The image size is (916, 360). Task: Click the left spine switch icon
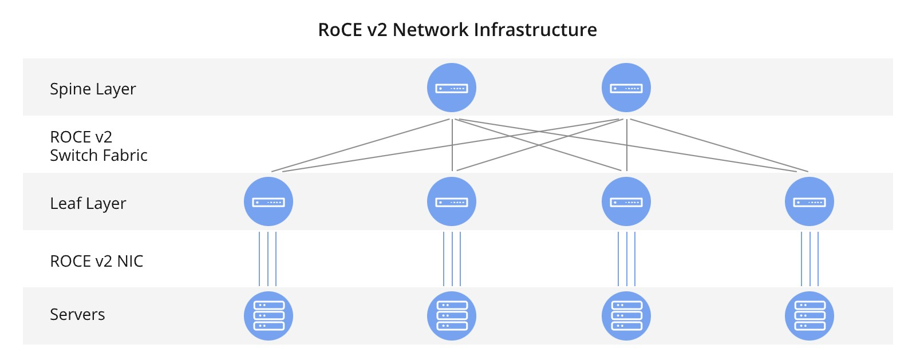pyautogui.click(x=452, y=88)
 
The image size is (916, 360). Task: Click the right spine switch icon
pyautogui.click(x=626, y=88)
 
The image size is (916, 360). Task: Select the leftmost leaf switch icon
pyautogui.click(x=269, y=201)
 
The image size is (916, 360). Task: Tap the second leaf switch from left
pyautogui.click(x=452, y=201)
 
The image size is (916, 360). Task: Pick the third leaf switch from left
pyautogui.click(x=626, y=201)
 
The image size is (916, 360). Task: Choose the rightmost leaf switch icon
pyautogui.click(x=810, y=201)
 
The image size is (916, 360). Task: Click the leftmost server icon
pyautogui.click(x=269, y=316)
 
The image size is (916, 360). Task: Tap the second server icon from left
pyautogui.click(x=452, y=316)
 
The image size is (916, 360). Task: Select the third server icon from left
pyautogui.click(x=626, y=316)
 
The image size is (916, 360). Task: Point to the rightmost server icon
pyautogui.click(x=810, y=316)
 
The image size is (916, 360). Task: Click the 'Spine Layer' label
pyautogui.click(x=93, y=89)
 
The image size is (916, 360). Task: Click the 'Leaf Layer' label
pyautogui.click(x=88, y=204)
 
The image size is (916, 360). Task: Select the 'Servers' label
pyautogui.click(x=77, y=315)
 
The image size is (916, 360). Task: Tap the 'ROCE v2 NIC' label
pyautogui.click(x=96, y=262)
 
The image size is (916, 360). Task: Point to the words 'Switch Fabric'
pyautogui.click(x=98, y=156)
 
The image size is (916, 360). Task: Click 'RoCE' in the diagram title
pyautogui.click(x=340, y=30)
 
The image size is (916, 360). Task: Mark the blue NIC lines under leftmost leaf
pyautogui.click(x=268, y=259)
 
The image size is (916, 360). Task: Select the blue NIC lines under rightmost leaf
pyautogui.click(x=810, y=259)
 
